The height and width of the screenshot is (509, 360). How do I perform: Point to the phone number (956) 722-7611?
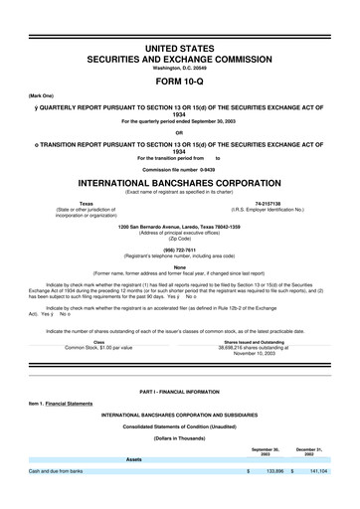point(180,251)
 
